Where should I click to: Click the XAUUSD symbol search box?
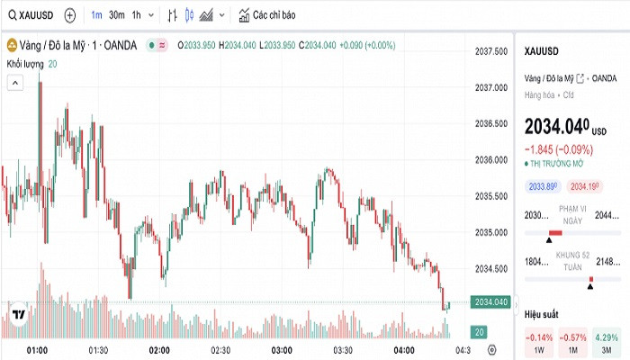[31, 15]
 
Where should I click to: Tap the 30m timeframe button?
[117, 15]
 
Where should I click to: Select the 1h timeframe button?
[136, 15]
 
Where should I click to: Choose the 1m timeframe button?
[96, 15]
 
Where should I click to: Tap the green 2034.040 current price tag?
[490, 301]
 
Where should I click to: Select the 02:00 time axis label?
[159, 349]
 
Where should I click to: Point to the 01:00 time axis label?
[37, 349]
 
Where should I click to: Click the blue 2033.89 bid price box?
[543, 186]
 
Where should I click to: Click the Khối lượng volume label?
[25, 64]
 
